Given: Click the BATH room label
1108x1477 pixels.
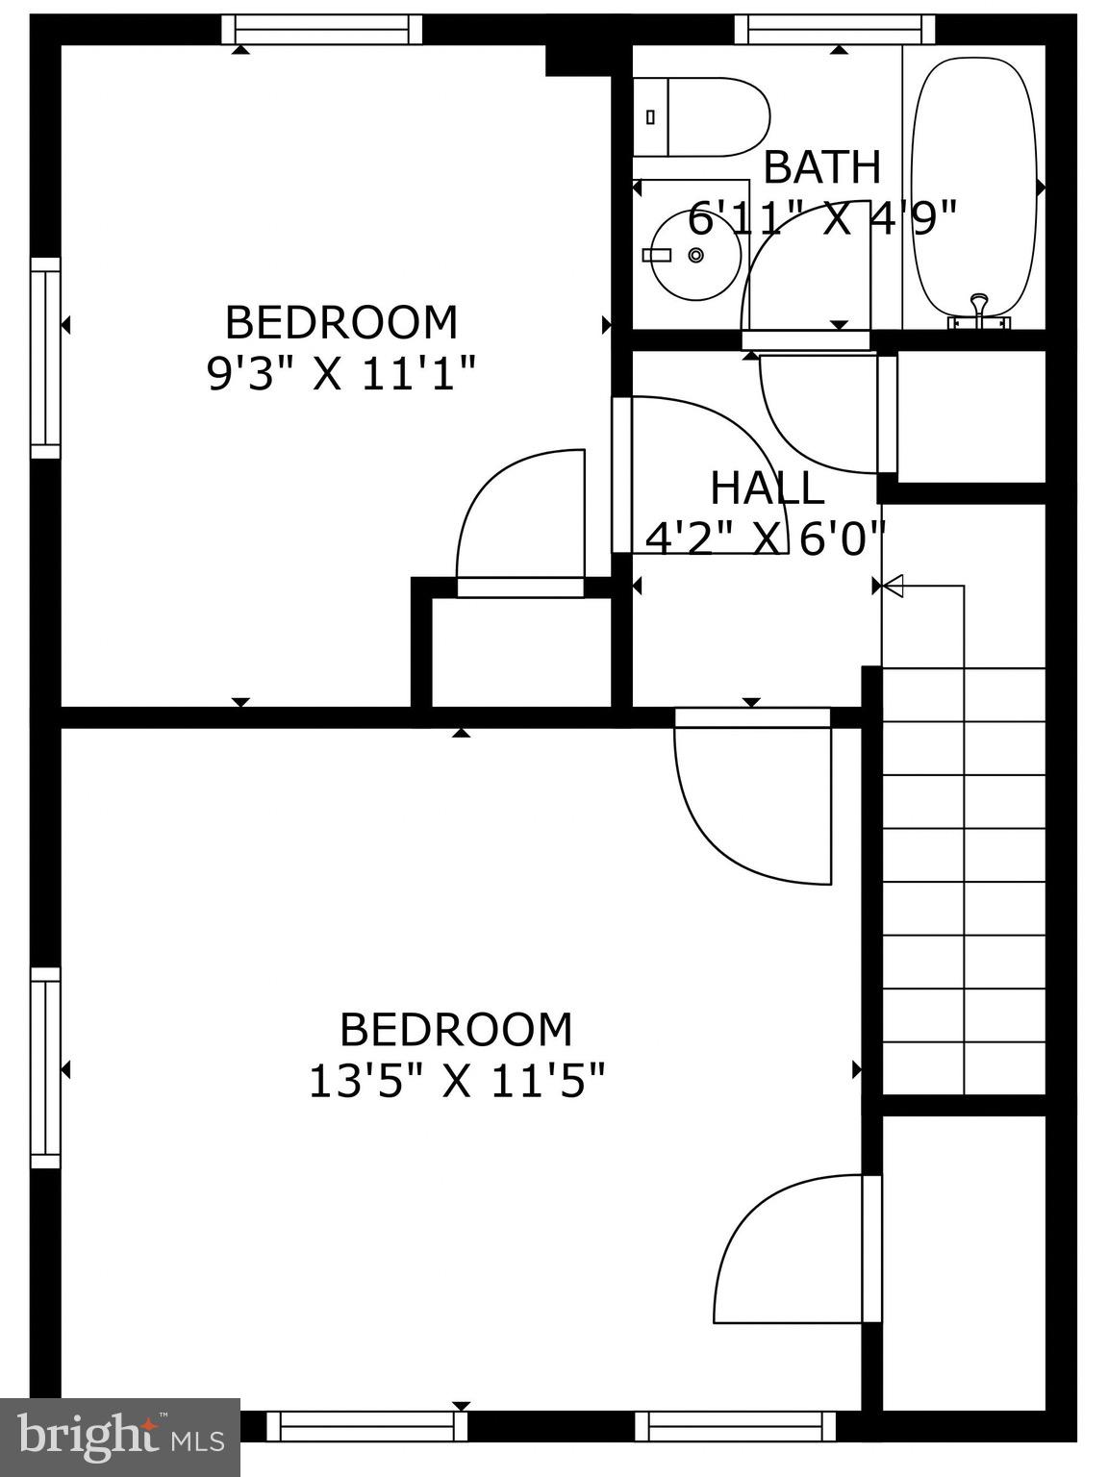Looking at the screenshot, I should pyautogui.click(x=821, y=167).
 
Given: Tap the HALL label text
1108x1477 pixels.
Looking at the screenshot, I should pyautogui.click(x=767, y=488).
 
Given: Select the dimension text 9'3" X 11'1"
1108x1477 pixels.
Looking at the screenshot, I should pyautogui.click(x=341, y=373).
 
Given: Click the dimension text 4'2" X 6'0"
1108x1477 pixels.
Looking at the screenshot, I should pyautogui.click(x=765, y=538).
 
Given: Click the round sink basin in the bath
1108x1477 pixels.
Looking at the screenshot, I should pyautogui.click(x=695, y=255).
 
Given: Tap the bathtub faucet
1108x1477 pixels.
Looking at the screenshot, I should pyautogui.click(x=979, y=308).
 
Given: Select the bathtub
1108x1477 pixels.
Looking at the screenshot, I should pyautogui.click(x=973, y=188).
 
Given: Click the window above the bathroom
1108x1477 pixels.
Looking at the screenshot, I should pyautogui.click(x=835, y=30).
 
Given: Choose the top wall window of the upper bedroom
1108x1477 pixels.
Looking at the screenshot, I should pyautogui.click(x=322, y=30).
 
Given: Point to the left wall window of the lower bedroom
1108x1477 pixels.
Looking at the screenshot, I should pyautogui.click(x=45, y=1067).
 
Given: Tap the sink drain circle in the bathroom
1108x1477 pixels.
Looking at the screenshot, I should pyautogui.click(x=695, y=255).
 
